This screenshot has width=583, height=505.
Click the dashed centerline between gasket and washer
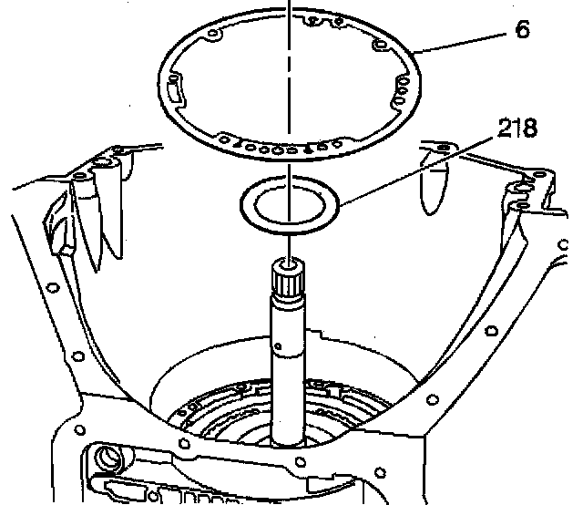pos(288,164)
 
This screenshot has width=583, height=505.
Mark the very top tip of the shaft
pos(288,263)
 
